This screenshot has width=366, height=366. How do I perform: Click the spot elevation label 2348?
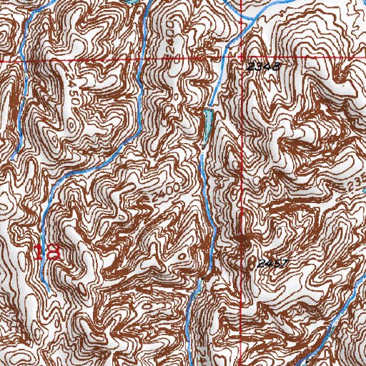(x=261, y=66)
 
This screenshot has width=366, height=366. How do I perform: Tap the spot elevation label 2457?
(x=272, y=264)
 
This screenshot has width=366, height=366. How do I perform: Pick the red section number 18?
(x=46, y=252)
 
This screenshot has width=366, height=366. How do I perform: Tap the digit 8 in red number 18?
(x=52, y=252)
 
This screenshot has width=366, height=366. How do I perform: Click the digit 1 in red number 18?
(x=39, y=252)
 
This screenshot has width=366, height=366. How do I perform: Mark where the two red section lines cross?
(x=242, y=59)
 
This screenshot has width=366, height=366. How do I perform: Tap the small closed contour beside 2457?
(x=247, y=243)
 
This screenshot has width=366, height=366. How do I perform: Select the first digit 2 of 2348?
(x=251, y=66)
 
